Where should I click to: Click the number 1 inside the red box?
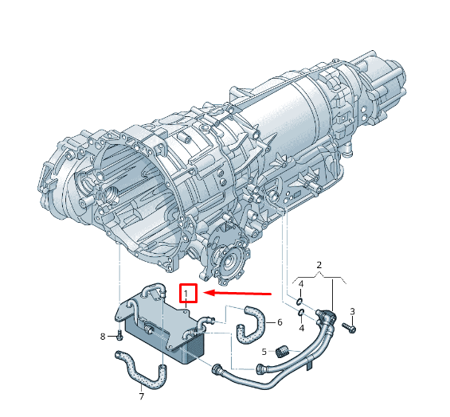coord(186,294)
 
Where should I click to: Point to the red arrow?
coord(237,293)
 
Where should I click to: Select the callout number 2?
coord(319,265)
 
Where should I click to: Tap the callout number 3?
coord(352,311)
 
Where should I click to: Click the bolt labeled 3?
coord(349,328)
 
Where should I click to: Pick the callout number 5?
coord(264,351)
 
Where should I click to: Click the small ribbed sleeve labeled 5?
coord(282,351)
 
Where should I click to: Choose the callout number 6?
coord(280,322)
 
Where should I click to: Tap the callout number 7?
coord(141,396)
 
